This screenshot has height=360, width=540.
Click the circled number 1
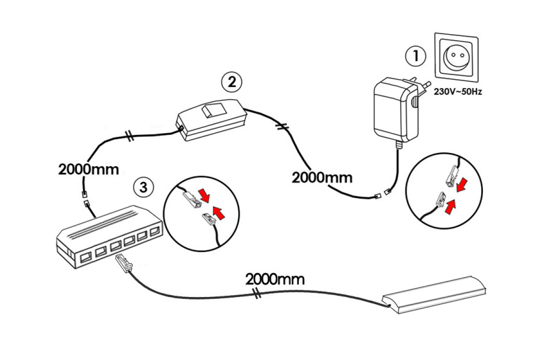tap(415, 56)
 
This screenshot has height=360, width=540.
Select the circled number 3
tap(144, 187)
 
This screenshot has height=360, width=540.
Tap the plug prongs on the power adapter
tap(420, 88)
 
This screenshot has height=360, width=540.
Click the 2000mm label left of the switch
tap(89, 169)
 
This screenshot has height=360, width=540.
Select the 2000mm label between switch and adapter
tap(322, 177)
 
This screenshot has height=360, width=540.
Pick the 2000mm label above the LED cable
tap(275, 279)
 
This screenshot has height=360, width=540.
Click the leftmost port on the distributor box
tap(84, 258)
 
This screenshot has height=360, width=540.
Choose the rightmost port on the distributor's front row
tap(155, 233)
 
